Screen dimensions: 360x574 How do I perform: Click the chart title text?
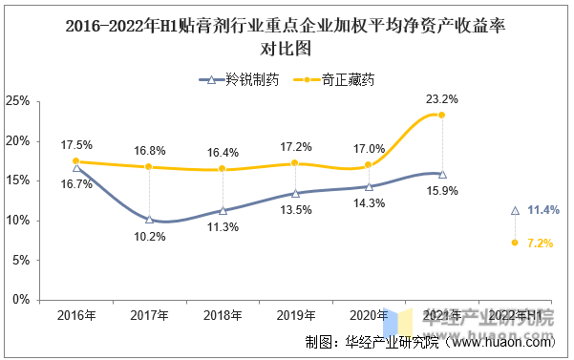click(287, 36)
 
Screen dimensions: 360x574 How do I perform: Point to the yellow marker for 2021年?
click(441, 115)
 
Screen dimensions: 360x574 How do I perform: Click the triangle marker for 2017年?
click(149, 219)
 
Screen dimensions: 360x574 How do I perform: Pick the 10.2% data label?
click(149, 236)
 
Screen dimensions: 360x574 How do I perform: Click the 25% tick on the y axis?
click(17, 100)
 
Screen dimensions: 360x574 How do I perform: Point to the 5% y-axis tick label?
click(20, 260)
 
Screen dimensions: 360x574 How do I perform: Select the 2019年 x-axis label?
click(295, 315)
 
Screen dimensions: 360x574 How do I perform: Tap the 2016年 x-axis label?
click(75, 315)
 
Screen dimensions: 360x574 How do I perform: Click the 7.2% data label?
click(540, 244)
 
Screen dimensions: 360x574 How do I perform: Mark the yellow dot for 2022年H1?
click(515, 243)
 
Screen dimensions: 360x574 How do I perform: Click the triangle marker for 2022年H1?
click(515, 209)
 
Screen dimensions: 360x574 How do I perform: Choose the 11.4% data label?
click(542, 209)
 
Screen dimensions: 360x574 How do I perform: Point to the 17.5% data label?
click(75, 145)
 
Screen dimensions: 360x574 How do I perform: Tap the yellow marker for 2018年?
click(222, 169)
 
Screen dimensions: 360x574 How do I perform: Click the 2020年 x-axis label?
click(369, 315)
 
